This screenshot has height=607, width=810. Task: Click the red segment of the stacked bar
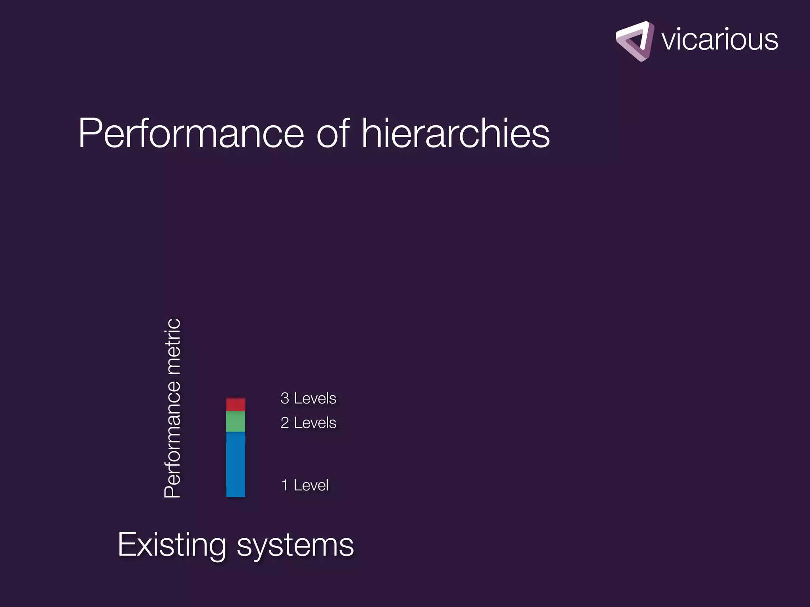(236, 405)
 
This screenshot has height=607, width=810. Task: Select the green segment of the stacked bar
(236, 421)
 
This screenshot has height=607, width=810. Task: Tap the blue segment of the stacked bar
(236, 464)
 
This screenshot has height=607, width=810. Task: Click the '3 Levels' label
(308, 398)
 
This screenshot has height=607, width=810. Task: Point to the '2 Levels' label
(308, 423)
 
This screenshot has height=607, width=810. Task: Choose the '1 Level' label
(305, 485)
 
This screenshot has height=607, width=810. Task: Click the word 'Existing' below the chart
(172, 545)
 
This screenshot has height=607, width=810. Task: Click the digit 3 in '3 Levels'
(284, 398)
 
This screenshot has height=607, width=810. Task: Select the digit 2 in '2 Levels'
(284, 423)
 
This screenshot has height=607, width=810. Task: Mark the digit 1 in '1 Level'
(284, 485)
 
